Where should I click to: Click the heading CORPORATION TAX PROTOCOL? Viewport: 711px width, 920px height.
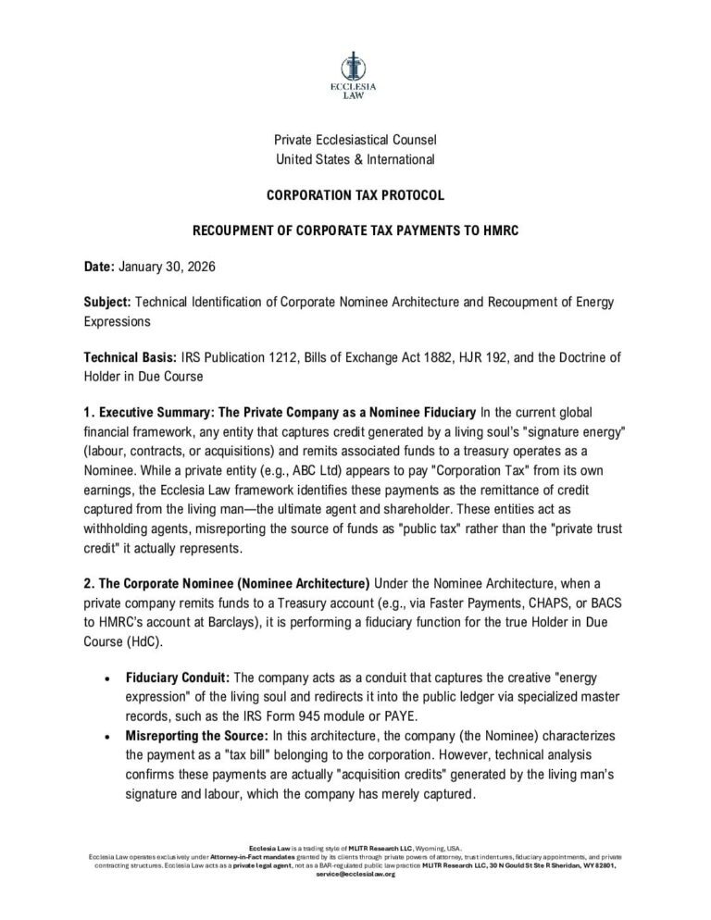pos(355,195)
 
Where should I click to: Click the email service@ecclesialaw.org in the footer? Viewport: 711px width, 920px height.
pos(355,874)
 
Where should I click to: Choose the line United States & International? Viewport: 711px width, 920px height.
pos(355,159)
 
